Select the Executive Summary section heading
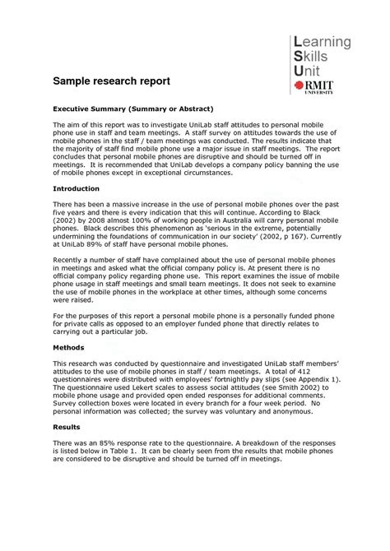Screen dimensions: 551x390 pyautogui.click(x=133, y=109)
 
